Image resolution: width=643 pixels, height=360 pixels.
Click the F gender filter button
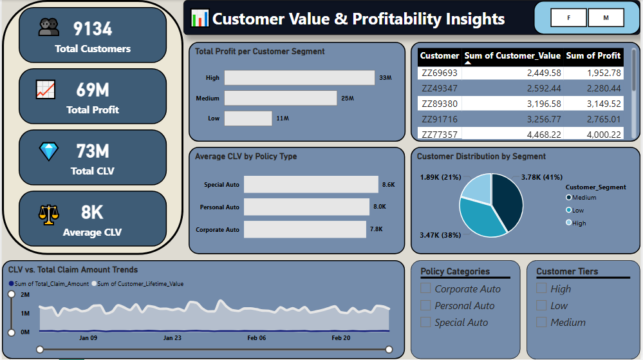[568, 18]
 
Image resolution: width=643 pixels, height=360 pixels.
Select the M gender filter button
[606, 18]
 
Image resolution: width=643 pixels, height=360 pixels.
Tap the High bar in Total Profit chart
[299, 77]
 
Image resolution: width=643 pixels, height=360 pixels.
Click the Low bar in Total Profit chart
[248, 118]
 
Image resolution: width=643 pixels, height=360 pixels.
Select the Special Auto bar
[311, 184]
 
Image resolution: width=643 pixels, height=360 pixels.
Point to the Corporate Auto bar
[304, 229]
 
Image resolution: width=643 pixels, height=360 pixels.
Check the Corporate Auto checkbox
[425, 288]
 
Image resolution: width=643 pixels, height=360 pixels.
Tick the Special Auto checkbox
[425, 322]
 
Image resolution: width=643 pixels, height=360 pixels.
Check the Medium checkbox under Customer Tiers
[541, 322]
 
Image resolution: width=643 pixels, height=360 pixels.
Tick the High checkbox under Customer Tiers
[541, 288]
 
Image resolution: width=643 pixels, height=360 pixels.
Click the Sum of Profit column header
[593, 56]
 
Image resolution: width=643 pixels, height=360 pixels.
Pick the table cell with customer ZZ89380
[439, 104]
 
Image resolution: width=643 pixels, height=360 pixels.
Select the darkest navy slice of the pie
[508, 201]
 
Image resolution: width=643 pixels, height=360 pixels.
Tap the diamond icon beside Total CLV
[49, 151]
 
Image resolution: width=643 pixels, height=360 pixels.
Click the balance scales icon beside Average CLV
[49, 214]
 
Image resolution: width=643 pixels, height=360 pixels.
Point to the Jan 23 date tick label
[172, 338]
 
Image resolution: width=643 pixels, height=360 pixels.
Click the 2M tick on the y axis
[25, 295]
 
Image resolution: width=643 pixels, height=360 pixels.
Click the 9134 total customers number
[93, 29]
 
